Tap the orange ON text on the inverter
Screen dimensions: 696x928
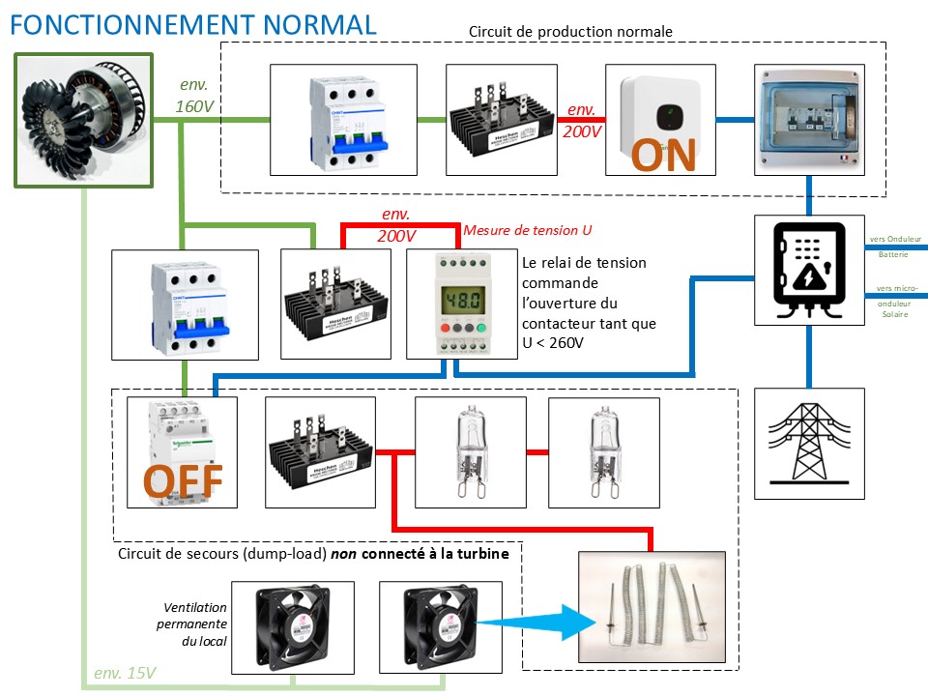click(x=664, y=155)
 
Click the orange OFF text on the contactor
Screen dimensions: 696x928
click(x=183, y=480)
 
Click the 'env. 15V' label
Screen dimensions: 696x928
click(x=125, y=673)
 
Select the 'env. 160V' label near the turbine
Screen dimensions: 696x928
click(x=194, y=96)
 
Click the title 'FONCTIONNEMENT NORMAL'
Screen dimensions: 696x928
click(x=192, y=24)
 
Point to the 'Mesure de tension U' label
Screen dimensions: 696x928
click(x=527, y=230)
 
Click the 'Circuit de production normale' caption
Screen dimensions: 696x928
click(x=570, y=32)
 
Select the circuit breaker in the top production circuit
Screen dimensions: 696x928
click(x=343, y=119)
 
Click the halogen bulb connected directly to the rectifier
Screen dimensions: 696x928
click(x=470, y=452)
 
